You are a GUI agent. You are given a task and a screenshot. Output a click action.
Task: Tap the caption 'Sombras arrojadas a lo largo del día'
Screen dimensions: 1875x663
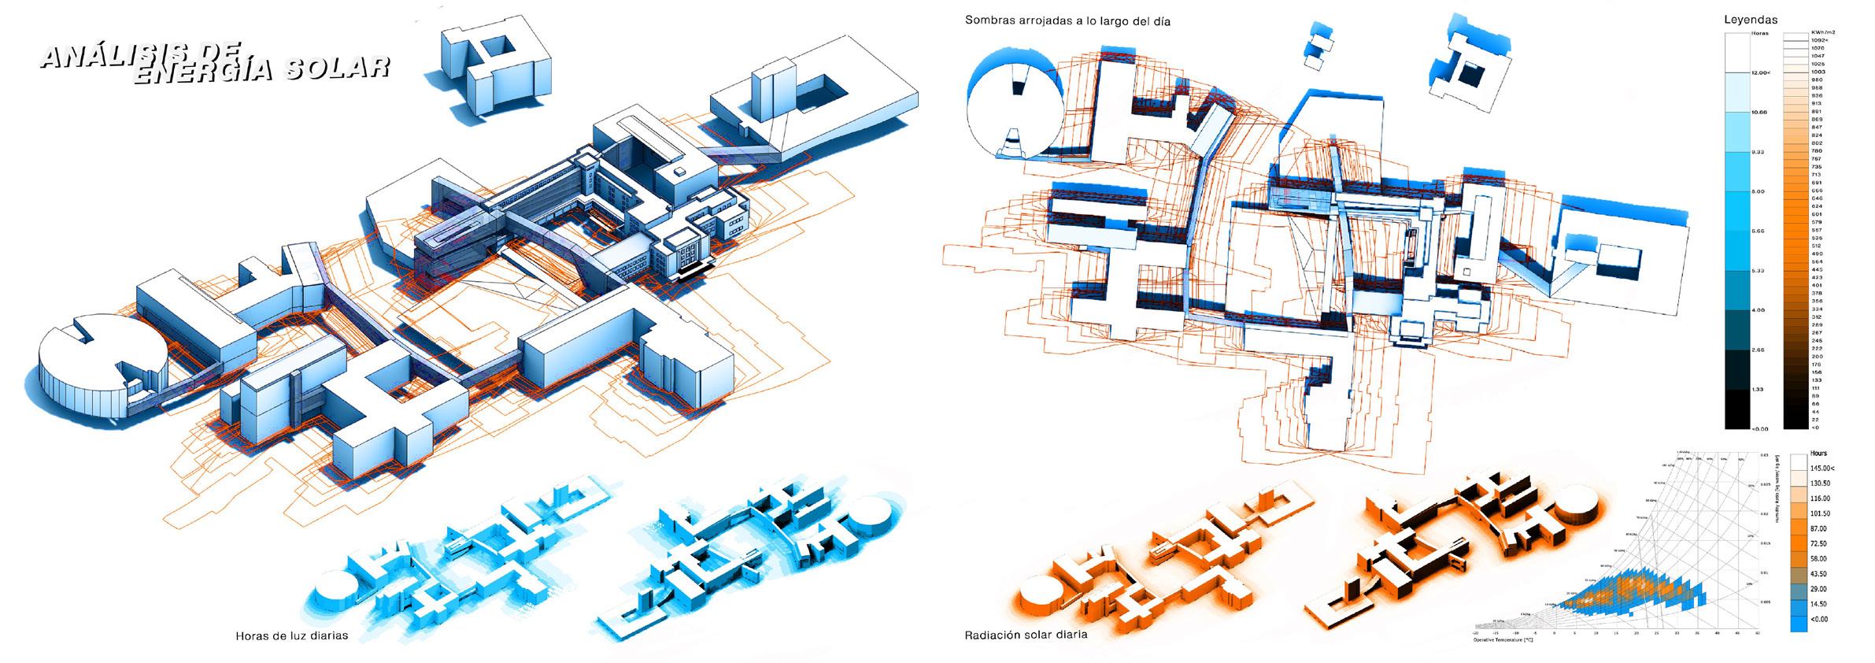(x=1067, y=21)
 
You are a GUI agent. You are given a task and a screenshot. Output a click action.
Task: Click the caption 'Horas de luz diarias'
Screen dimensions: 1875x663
(x=291, y=635)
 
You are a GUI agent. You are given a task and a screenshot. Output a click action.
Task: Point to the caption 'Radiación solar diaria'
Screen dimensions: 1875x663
(x=1026, y=635)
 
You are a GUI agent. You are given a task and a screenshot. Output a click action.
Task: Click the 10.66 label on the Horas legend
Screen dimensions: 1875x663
(x=1752, y=113)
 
